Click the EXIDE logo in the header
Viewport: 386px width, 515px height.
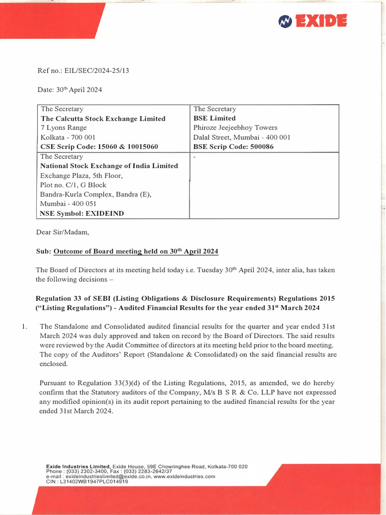click(x=313, y=21)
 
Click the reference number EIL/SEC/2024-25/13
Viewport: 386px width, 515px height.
click(x=83, y=71)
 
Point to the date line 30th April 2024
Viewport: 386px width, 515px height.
click(x=70, y=90)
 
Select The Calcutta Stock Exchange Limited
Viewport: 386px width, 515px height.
click(x=103, y=119)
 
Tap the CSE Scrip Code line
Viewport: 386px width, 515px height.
click(x=100, y=147)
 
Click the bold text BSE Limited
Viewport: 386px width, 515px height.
click(x=215, y=118)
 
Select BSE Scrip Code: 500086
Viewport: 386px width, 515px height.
click(x=233, y=147)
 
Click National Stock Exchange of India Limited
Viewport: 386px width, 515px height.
click(x=109, y=166)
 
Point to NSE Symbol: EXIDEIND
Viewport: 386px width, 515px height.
click(x=82, y=213)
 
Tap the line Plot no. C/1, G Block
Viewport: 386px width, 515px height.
click(x=73, y=185)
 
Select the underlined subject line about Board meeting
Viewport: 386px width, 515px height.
click(x=136, y=251)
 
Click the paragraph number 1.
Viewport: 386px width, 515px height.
click(x=24, y=326)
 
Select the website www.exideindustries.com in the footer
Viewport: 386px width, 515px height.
click(x=184, y=476)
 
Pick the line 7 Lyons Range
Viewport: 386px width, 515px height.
click(x=64, y=128)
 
